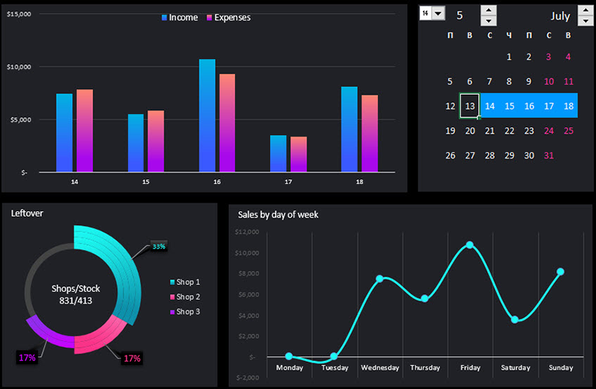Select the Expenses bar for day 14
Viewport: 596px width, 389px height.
click(x=85, y=130)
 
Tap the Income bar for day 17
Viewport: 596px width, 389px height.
click(x=278, y=153)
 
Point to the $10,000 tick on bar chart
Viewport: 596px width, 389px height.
click(x=19, y=67)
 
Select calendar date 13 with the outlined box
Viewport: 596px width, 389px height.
click(x=470, y=106)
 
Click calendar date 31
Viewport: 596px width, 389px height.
click(x=549, y=155)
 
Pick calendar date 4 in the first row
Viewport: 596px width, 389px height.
click(x=568, y=57)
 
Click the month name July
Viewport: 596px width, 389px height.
click(x=560, y=16)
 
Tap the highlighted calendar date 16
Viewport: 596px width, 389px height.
click(x=529, y=106)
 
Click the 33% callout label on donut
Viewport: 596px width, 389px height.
click(x=159, y=246)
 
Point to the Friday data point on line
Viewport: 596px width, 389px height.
click(x=470, y=245)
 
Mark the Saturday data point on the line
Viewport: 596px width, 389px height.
click(x=515, y=319)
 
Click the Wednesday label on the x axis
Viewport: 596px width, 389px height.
click(x=379, y=367)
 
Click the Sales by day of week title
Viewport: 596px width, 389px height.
click(x=278, y=214)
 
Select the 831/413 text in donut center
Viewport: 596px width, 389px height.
click(x=75, y=300)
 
